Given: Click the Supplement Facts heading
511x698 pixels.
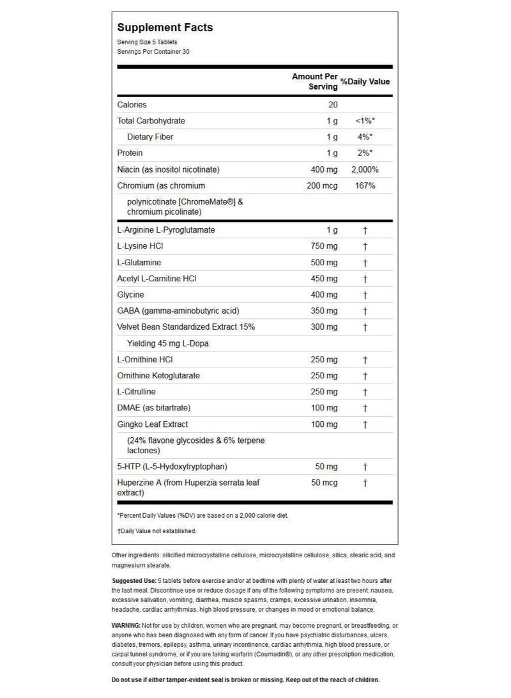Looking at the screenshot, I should [164, 27].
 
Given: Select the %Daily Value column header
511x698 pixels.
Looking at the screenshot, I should [365, 82].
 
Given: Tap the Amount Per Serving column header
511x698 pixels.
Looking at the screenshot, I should [315, 81].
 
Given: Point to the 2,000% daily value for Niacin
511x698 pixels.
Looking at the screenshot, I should [365, 169].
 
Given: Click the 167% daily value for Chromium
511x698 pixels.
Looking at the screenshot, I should [365, 185].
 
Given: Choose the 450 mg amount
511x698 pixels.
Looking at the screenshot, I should [324, 279].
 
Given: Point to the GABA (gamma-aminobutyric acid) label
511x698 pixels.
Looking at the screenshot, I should [178, 311].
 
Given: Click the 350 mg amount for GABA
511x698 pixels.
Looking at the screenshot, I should [324, 311].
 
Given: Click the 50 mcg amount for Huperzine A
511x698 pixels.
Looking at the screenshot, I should [324, 483].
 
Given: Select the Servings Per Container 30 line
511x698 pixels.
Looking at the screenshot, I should [153, 51].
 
